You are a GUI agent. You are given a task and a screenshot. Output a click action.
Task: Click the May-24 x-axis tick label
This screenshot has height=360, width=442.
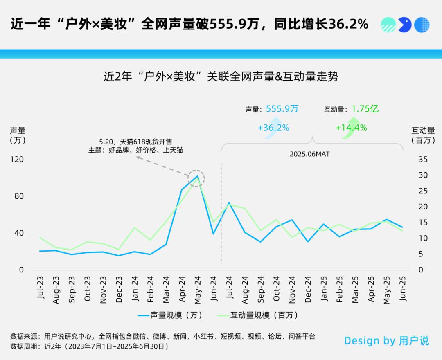pyautogui.click(x=198, y=289)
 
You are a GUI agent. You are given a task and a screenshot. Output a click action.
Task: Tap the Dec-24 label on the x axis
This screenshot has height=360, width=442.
pyautogui.click(x=308, y=289)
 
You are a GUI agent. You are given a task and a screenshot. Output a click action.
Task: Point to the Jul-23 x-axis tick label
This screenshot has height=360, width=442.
pyautogui.click(x=41, y=288)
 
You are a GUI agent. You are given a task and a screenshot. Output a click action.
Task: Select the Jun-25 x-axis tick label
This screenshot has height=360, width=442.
pyautogui.click(x=403, y=289)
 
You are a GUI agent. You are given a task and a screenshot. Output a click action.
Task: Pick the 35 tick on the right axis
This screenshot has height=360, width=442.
pyautogui.click(x=423, y=160)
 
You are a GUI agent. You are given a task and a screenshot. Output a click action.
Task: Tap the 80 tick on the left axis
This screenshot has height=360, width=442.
pyautogui.click(x=19, y=196)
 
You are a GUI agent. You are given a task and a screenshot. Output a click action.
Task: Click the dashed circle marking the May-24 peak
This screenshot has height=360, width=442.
pyautogui.click(x=196, y=178)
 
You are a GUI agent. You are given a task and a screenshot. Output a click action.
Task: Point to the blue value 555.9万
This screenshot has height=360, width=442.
pyautogui.click(x=282, y=109)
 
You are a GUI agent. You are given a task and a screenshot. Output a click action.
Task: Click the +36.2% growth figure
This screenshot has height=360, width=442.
pyautogui.click(x=273, y=128)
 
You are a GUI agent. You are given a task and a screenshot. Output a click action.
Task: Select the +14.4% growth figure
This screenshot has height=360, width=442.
pyautogui.click(x=351, y=128)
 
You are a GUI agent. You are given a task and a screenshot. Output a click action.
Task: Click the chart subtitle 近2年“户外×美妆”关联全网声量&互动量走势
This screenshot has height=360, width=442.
pyautogui.click(x=221, y=76)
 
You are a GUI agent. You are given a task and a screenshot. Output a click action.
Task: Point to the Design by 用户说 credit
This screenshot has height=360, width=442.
pyautogui.click(x=386, y=341)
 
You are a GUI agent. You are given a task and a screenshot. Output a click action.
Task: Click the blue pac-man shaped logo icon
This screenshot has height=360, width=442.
pyautogui.click(x=405, y=25)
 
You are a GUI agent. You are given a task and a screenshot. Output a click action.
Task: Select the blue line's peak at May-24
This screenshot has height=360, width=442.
pyautogui.click(x=198, y=176)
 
